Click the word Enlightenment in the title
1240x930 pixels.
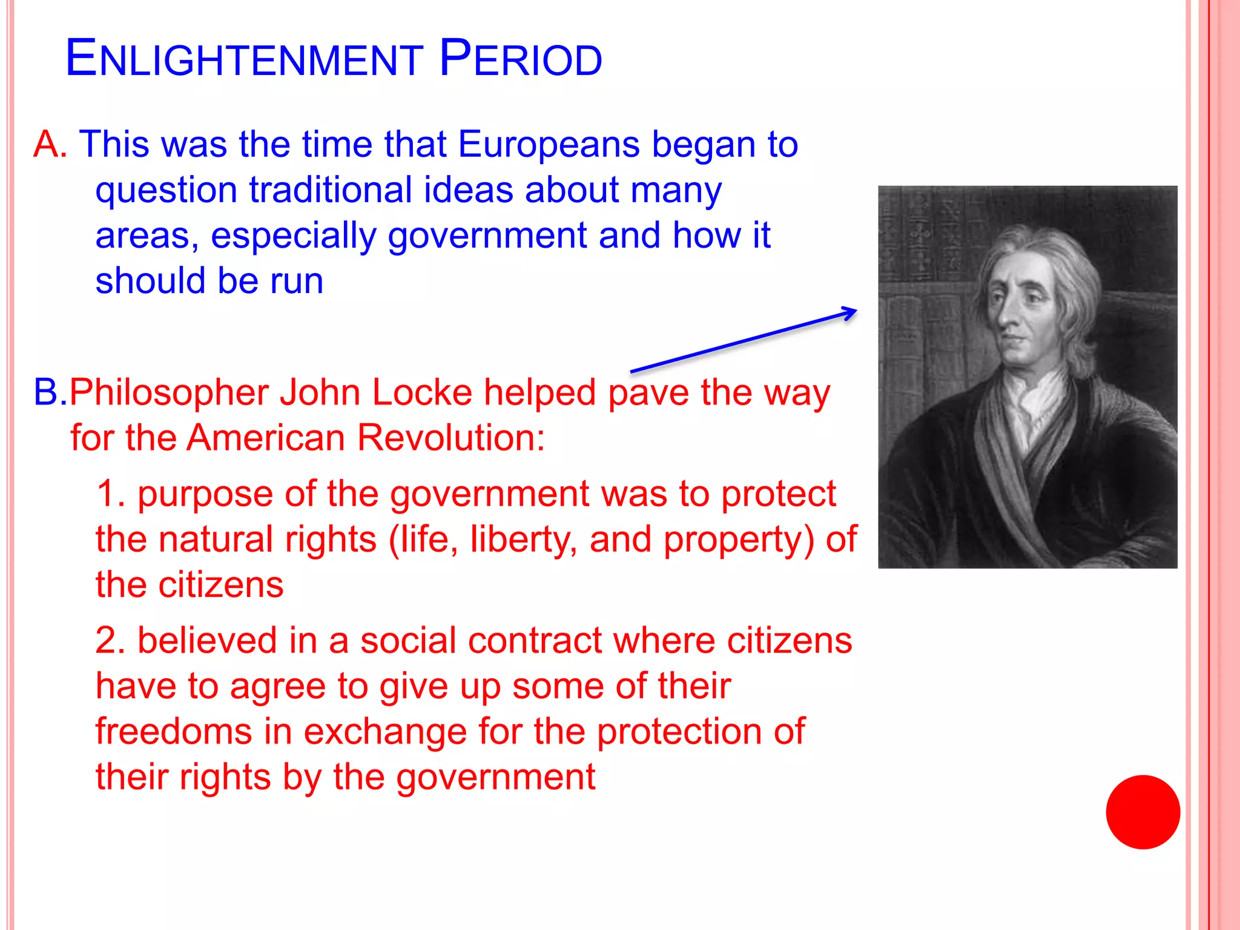tap(244, 59)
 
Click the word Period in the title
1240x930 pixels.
tap(521, 59)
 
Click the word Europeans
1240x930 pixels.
tap(549, 145)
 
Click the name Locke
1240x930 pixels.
tap(421, 392)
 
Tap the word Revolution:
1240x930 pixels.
tap(450, 438)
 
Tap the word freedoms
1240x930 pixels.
tap(173, 731)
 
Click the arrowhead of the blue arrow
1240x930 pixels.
tap(851, 312)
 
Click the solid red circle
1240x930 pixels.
tap(1143, 812)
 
